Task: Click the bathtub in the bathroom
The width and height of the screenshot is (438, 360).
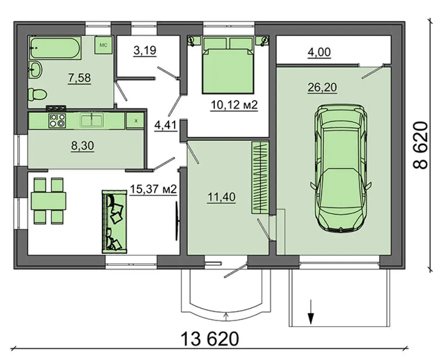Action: (56, 48)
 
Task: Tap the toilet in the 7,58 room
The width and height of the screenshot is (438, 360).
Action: (37, 94)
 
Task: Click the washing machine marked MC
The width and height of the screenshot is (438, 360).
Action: (103, 45)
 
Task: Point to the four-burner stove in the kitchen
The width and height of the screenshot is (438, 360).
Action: (57, 120)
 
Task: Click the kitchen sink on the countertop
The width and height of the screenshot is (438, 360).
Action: (92, 120)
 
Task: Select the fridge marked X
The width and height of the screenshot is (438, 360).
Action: (135, 120)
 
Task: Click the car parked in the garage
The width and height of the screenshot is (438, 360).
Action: (340, 168)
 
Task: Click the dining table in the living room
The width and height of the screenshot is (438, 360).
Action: (48, 201)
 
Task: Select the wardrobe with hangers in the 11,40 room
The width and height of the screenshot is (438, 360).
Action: (260, 178)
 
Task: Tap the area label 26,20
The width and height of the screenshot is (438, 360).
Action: (322, 88)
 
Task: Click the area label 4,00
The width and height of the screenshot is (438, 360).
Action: (319, 52)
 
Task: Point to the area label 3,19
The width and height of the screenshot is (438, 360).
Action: (145, 50)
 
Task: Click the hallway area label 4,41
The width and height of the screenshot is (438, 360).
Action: (166, 125)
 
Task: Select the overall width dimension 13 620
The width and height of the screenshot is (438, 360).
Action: (210, 339)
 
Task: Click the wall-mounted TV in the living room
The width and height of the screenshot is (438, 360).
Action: (177, 221)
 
